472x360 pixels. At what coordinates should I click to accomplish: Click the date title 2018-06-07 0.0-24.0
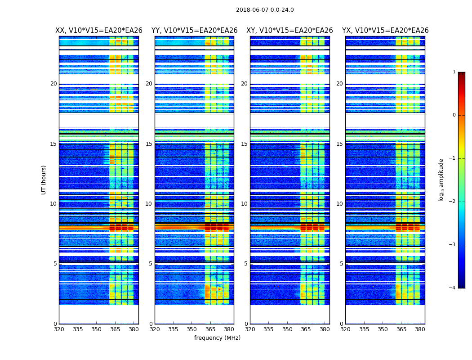(x=265, y=10)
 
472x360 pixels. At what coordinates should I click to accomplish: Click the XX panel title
(x=99, y=31)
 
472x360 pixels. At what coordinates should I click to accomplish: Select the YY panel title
(x=194, y=31)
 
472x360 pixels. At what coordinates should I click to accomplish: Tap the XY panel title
(x=289, y=31)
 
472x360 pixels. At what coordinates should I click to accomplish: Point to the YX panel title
(x=385, y=31)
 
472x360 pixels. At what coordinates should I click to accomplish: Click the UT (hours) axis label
(x=44, y=180)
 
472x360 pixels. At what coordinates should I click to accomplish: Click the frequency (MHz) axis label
(x=217, y=338)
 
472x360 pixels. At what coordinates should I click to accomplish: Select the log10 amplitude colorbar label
(x=441, y=180)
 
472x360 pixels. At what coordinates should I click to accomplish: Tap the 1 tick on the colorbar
(x=454, y=72)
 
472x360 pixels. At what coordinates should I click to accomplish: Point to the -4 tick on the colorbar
(x=452, y=288)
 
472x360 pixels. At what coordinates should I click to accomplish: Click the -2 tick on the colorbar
(x=452, y=202)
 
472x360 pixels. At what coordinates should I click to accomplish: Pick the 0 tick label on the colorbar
(x=454, y=115)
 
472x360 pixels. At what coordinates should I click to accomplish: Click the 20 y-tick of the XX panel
(x=53, y=84)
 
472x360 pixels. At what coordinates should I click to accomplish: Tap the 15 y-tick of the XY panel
(x=244, y=144)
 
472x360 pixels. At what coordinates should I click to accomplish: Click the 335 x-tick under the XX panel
(x=78, y=329)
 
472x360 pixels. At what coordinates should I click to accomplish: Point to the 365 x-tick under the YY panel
(x=210, y=329)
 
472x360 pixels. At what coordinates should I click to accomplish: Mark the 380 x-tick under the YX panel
(x=420, y=329)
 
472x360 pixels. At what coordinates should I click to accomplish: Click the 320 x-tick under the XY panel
(x=250, y=329)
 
